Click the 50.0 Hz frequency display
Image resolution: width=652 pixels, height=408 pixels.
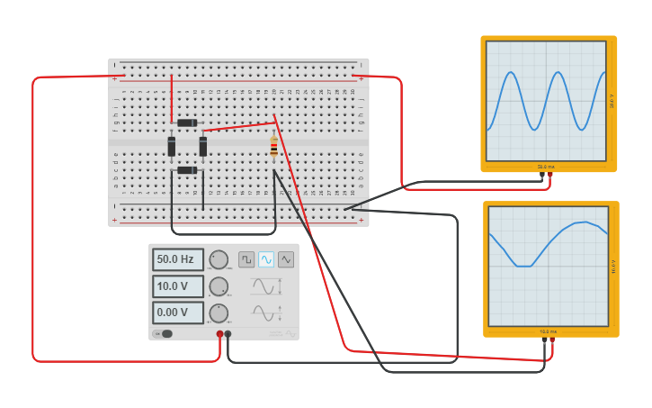(177, 259)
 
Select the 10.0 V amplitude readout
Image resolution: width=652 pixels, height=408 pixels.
(177, 286)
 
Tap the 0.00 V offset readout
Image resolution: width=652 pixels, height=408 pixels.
(177, 313)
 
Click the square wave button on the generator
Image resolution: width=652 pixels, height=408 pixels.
(246, 259)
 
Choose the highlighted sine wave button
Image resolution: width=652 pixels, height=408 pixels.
(266, 259)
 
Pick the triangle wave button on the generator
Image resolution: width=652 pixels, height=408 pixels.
(286, 259)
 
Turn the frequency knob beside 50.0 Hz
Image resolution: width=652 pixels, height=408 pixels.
(219, 260)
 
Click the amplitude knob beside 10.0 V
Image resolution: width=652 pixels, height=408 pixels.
(219, 286)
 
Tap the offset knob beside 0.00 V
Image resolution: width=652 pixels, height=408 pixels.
(219, 313)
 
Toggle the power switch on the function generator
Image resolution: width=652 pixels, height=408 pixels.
(164, 334)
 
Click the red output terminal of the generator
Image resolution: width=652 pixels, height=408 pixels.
(219, 334)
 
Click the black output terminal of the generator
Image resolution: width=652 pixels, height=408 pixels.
(228, 334)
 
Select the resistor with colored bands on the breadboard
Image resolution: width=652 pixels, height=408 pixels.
(274, 147)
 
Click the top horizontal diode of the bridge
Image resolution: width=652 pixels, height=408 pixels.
(186, 122)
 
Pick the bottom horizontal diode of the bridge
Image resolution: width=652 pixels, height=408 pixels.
(186, 170)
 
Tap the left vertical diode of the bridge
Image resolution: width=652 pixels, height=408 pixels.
(172, 146)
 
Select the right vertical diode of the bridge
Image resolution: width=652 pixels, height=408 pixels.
(203, 146)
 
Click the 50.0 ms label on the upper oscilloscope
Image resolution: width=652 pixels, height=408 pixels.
(547, 167)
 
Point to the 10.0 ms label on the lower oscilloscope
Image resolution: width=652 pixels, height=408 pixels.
(549, 331)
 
